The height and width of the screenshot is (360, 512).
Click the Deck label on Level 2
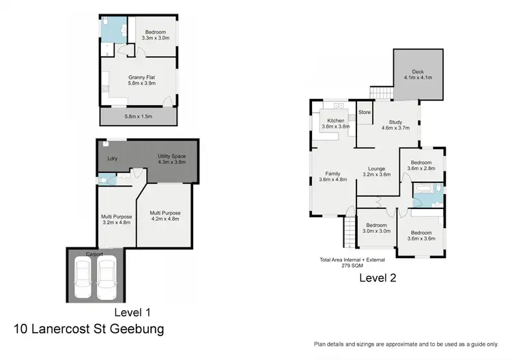pyautogui.click(x=418, y=72)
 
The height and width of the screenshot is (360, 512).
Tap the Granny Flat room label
pyautogui.click(x=141, y=77)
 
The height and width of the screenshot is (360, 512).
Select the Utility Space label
pyautogui.click(x=171, y=156)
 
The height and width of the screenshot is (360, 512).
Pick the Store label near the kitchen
pyautogui.click(x=365, y=112)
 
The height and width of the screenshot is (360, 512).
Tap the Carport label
pyautogui.click(x=94, y=254)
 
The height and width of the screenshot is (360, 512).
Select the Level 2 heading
pyautogui.click(x=378, y=278)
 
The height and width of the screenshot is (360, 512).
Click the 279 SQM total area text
pyautogui.click(x=352, y=265)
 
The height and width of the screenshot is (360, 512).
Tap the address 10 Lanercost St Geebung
pyautogui.click(x=89, y=329)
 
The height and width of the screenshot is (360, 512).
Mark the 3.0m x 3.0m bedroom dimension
pyautogui.click(x=375, y=231)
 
